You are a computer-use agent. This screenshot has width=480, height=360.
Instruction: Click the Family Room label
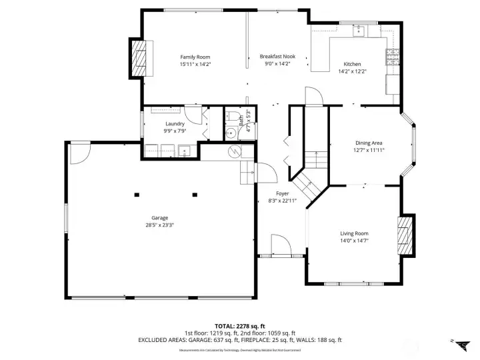[x=195, y=57]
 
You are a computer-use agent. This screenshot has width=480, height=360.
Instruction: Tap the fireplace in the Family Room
[x=140, y=57]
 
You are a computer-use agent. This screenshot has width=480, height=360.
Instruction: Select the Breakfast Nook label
[x=277, y=57]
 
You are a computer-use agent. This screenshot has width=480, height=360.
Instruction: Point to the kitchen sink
[x=358, y=29]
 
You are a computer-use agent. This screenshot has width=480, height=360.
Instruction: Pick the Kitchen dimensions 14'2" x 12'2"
[x=352, y=71]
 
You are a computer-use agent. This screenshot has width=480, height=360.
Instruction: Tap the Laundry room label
[x=175, y=124]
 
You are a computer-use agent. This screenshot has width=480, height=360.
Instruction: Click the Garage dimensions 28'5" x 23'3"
[x=159, y=225]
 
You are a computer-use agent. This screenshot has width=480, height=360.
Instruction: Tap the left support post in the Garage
[x=137, y=195]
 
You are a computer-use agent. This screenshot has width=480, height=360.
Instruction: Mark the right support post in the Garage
[x=195, y=195]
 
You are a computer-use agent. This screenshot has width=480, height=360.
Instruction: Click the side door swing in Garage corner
[x=79, y=153]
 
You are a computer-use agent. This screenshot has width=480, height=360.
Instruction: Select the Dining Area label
[x=369, y=143]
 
